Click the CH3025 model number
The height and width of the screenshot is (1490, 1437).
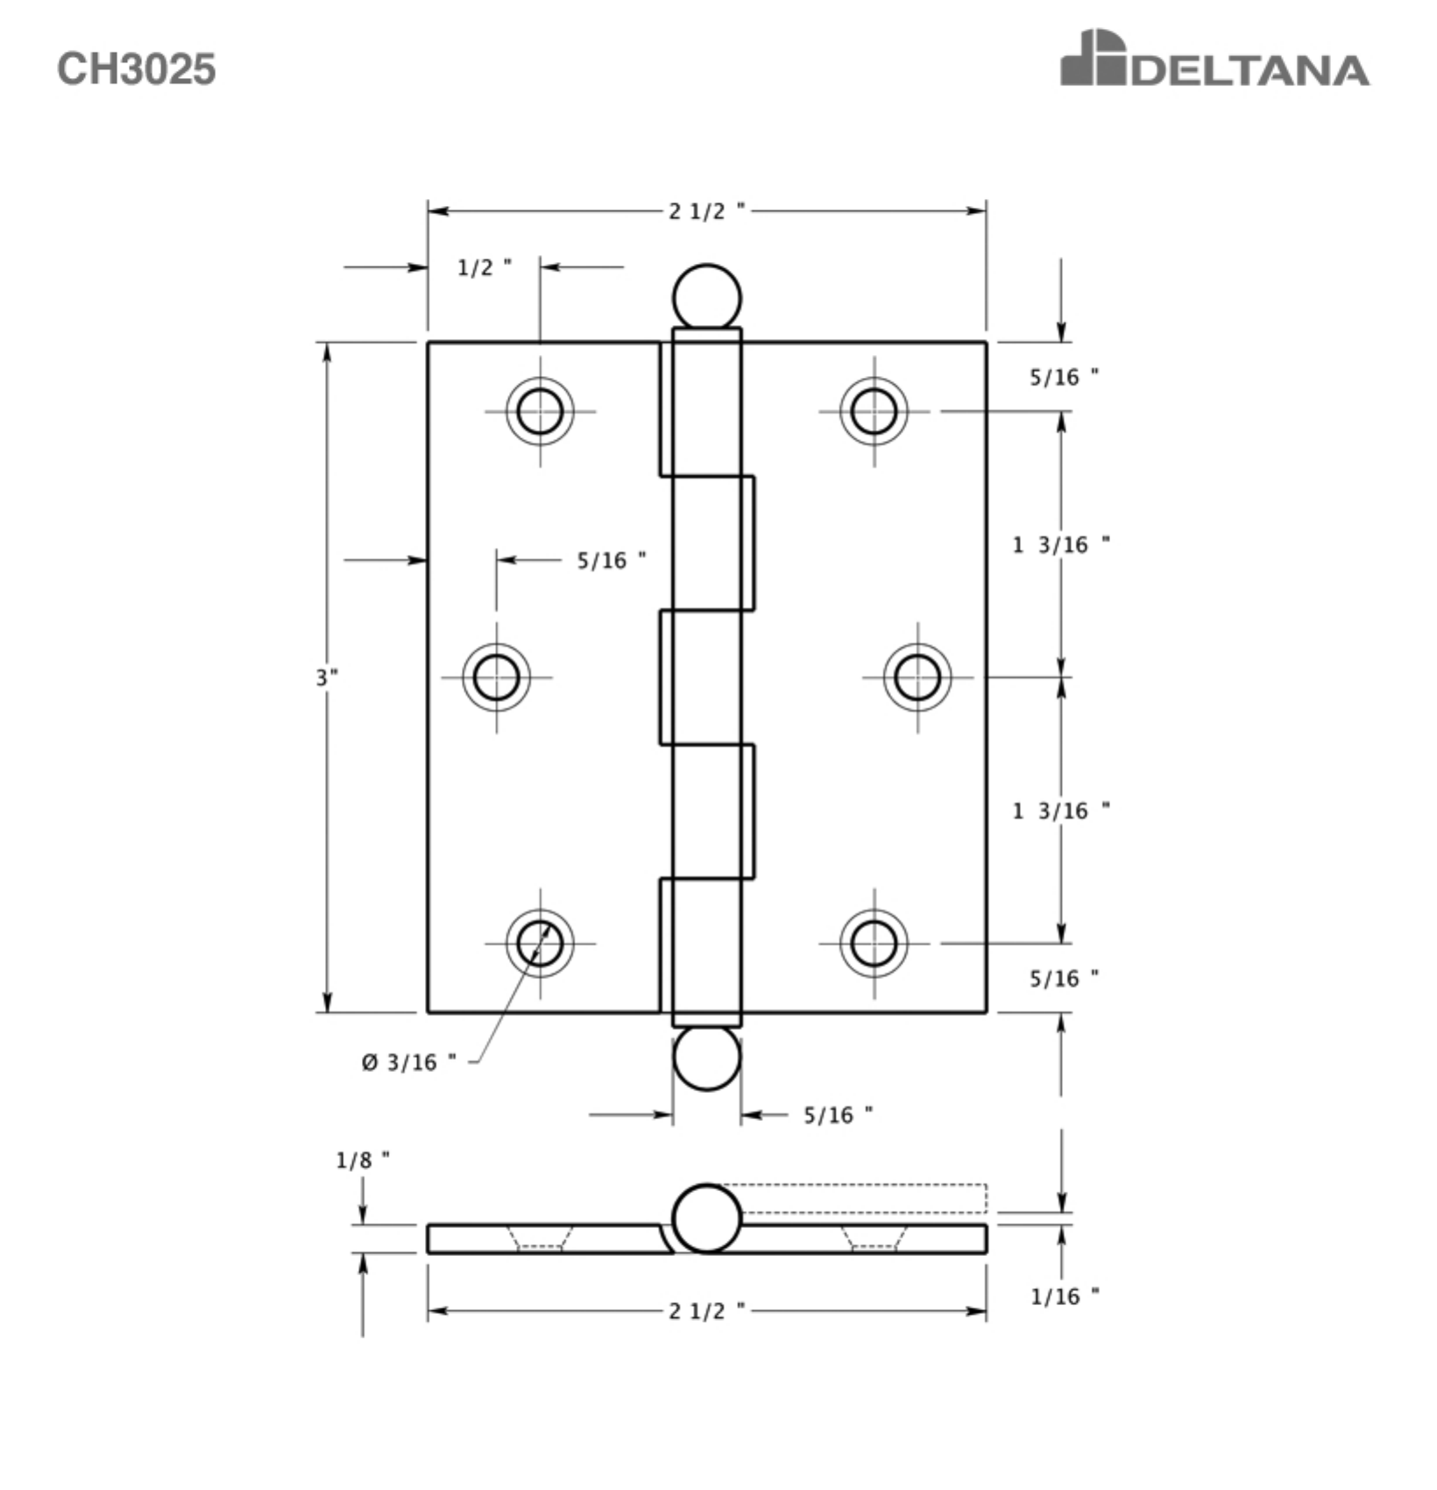136,68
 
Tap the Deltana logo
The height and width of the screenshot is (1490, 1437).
1214,58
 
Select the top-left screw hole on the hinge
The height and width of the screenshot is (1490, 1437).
540,411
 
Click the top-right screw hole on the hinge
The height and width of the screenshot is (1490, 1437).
874,411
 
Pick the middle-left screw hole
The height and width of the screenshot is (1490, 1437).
496,677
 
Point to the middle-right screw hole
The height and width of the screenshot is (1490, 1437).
917,677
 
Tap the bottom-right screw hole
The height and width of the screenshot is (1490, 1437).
874,943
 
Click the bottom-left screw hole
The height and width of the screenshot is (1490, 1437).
540,943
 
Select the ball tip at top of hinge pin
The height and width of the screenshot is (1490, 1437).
706,297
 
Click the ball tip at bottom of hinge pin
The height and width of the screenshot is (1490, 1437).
706,1058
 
